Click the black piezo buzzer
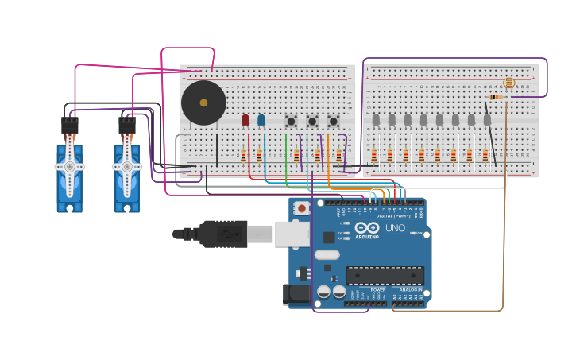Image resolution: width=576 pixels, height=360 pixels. point(203,103)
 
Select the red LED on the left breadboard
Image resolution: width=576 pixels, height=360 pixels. point(245,121)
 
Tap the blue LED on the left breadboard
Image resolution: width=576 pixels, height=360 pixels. point(261,121)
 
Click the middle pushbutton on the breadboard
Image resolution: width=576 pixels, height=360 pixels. point(312,122)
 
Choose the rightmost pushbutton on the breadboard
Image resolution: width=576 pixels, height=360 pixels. point(333,122)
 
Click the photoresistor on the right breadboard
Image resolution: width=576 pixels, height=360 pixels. point(509,83)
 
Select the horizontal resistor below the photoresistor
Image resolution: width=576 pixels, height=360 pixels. point(496,97)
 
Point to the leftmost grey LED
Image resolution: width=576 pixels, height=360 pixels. point(376,120)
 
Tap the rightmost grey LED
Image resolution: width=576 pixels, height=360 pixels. point(487,120)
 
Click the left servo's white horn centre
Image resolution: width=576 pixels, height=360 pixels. point(70,167)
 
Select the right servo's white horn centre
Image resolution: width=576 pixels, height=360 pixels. point(127,167)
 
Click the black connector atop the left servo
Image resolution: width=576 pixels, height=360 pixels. point(70,126)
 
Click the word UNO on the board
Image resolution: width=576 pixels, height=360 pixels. point(395,228)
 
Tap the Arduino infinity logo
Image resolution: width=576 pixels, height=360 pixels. point(366,228)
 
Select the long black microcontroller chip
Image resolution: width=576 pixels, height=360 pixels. point(385,276)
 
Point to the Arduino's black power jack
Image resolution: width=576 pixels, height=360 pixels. point(297,293)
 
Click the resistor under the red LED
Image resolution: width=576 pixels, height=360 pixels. point(244,155)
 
